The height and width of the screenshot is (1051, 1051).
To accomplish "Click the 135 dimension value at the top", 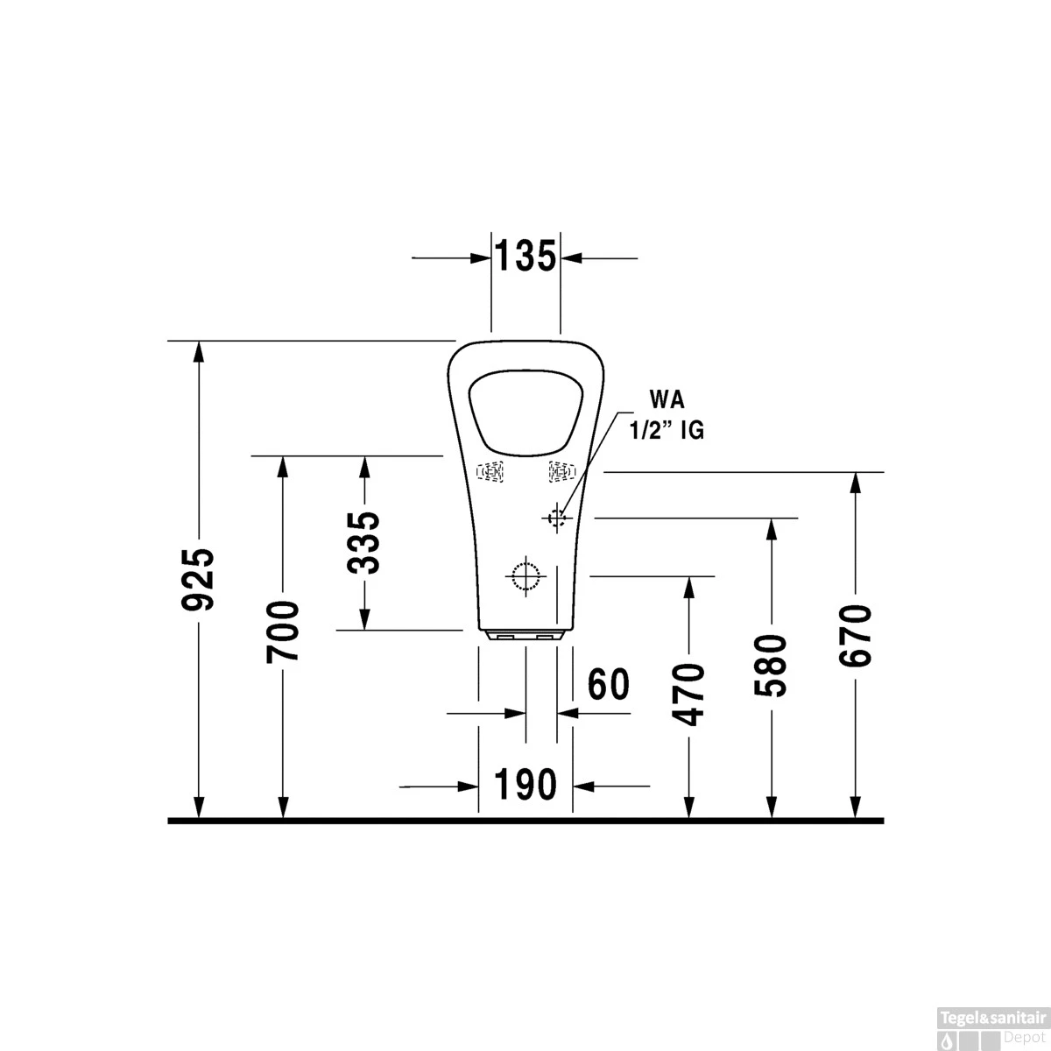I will (x=525, y=257).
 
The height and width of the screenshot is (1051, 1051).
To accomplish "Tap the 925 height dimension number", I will (x=201, y=580).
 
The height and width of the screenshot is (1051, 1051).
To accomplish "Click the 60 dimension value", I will (x=609, y=684).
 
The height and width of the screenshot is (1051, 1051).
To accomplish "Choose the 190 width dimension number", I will (x=525, y=785).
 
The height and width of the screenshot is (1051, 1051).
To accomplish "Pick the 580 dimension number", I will (x=772, y=666).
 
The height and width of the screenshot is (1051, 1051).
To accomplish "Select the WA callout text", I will (x=667, y=399).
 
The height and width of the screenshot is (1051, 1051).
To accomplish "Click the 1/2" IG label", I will (x=667, y=431).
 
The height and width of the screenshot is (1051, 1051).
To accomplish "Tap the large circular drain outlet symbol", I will (x=526, y=575).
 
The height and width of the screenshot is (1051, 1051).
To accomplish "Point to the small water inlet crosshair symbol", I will (x=555, y=518).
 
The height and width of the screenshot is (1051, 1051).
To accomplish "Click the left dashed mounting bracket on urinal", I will (x=490, y=472).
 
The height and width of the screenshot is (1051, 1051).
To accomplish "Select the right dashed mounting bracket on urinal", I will (x=561, y=472).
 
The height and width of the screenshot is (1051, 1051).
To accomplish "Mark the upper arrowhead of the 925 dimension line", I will (x=201, y=351).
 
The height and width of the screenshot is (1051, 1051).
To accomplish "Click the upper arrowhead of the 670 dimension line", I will (x=855, y=483).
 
